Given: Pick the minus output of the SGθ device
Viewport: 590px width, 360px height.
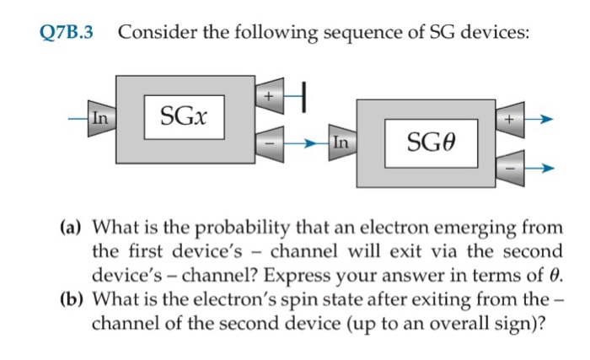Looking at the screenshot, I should [510, 166].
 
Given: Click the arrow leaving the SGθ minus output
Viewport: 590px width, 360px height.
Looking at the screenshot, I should [541, 168].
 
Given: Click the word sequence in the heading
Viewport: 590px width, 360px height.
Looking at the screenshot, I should [344, 34].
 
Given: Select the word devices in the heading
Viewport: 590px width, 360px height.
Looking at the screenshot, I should [496, 34].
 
